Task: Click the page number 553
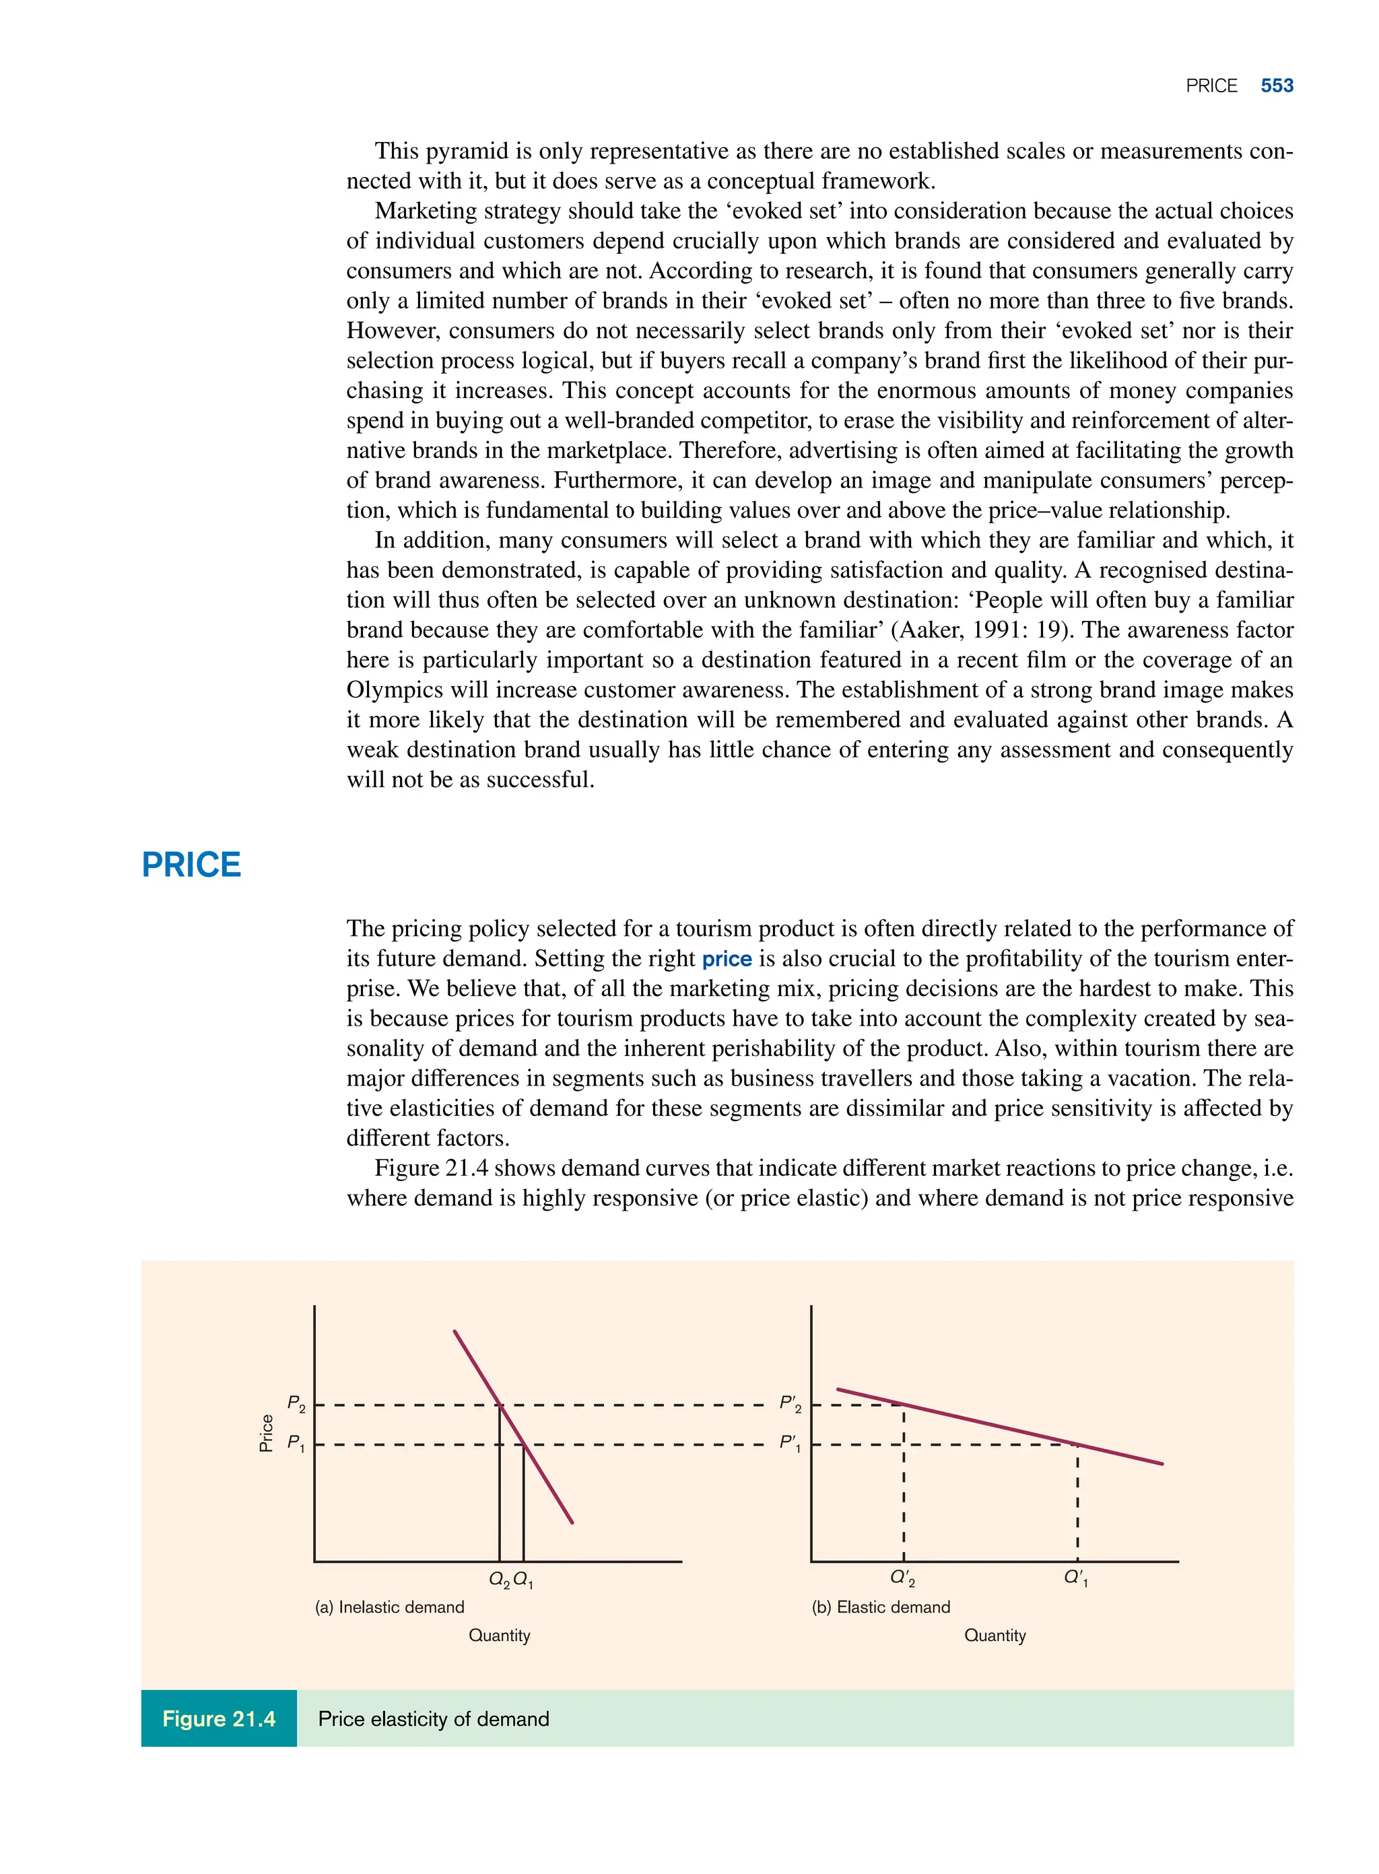click(1277, 86)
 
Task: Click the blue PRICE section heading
click(191, 865)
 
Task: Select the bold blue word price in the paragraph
click(727, 959)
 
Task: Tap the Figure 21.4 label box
click(219, 1718)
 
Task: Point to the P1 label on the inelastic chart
click(296, 1442)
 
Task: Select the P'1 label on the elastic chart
click(790, 1442)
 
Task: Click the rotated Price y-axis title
click(266, 1433)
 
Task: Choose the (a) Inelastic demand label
click(389, 1607)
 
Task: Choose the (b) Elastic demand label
click(881, 1607)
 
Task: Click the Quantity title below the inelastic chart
click(499, 1635)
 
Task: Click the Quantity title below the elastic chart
click(995, 1635)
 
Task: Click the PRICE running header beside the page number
click(1211, 86)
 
